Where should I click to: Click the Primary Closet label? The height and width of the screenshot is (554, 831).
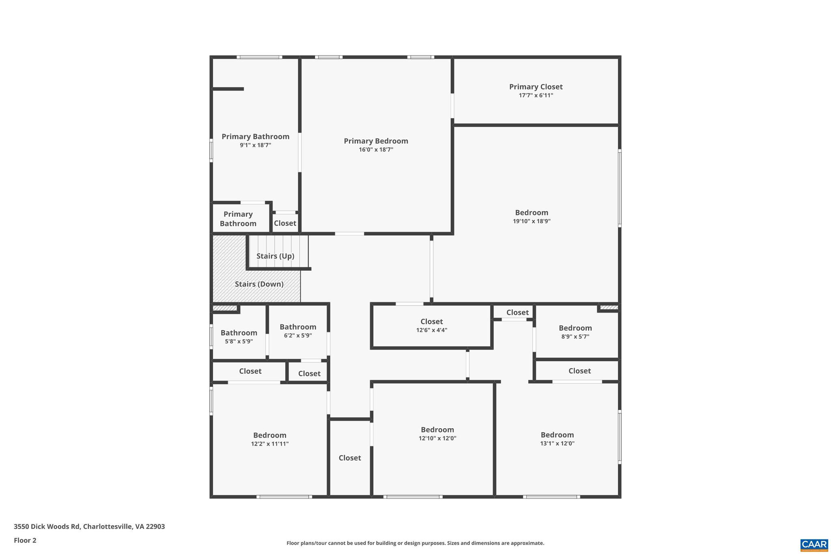[536, 87]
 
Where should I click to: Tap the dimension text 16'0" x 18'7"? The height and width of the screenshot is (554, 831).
[376, 150]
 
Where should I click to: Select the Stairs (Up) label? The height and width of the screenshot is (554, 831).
[275, 256]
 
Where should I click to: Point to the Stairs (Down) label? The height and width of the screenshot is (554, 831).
[259, 284]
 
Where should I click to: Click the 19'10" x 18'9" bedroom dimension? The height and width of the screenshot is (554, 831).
[532, 221]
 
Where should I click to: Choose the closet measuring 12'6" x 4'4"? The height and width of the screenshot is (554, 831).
[431, 326]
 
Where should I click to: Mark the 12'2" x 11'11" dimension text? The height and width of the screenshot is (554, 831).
[269, 444]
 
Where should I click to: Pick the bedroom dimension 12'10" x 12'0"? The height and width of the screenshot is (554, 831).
[437, 438]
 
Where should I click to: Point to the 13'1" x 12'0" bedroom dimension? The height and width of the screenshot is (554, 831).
[557, 444]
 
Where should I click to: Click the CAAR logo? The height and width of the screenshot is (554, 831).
[814, 545]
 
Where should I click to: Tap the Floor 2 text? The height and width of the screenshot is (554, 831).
[25, 540]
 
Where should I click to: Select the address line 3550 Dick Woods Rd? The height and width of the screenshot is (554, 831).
[89, 526]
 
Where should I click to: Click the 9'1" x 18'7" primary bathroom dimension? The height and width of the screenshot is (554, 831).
[255, 145]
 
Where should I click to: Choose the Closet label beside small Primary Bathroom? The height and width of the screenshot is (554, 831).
[285, 223]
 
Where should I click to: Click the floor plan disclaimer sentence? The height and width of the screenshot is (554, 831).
[415, 543]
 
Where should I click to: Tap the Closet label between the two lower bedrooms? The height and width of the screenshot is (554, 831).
[350, 458]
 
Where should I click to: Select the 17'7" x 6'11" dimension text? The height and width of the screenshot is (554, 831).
[536, 96]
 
